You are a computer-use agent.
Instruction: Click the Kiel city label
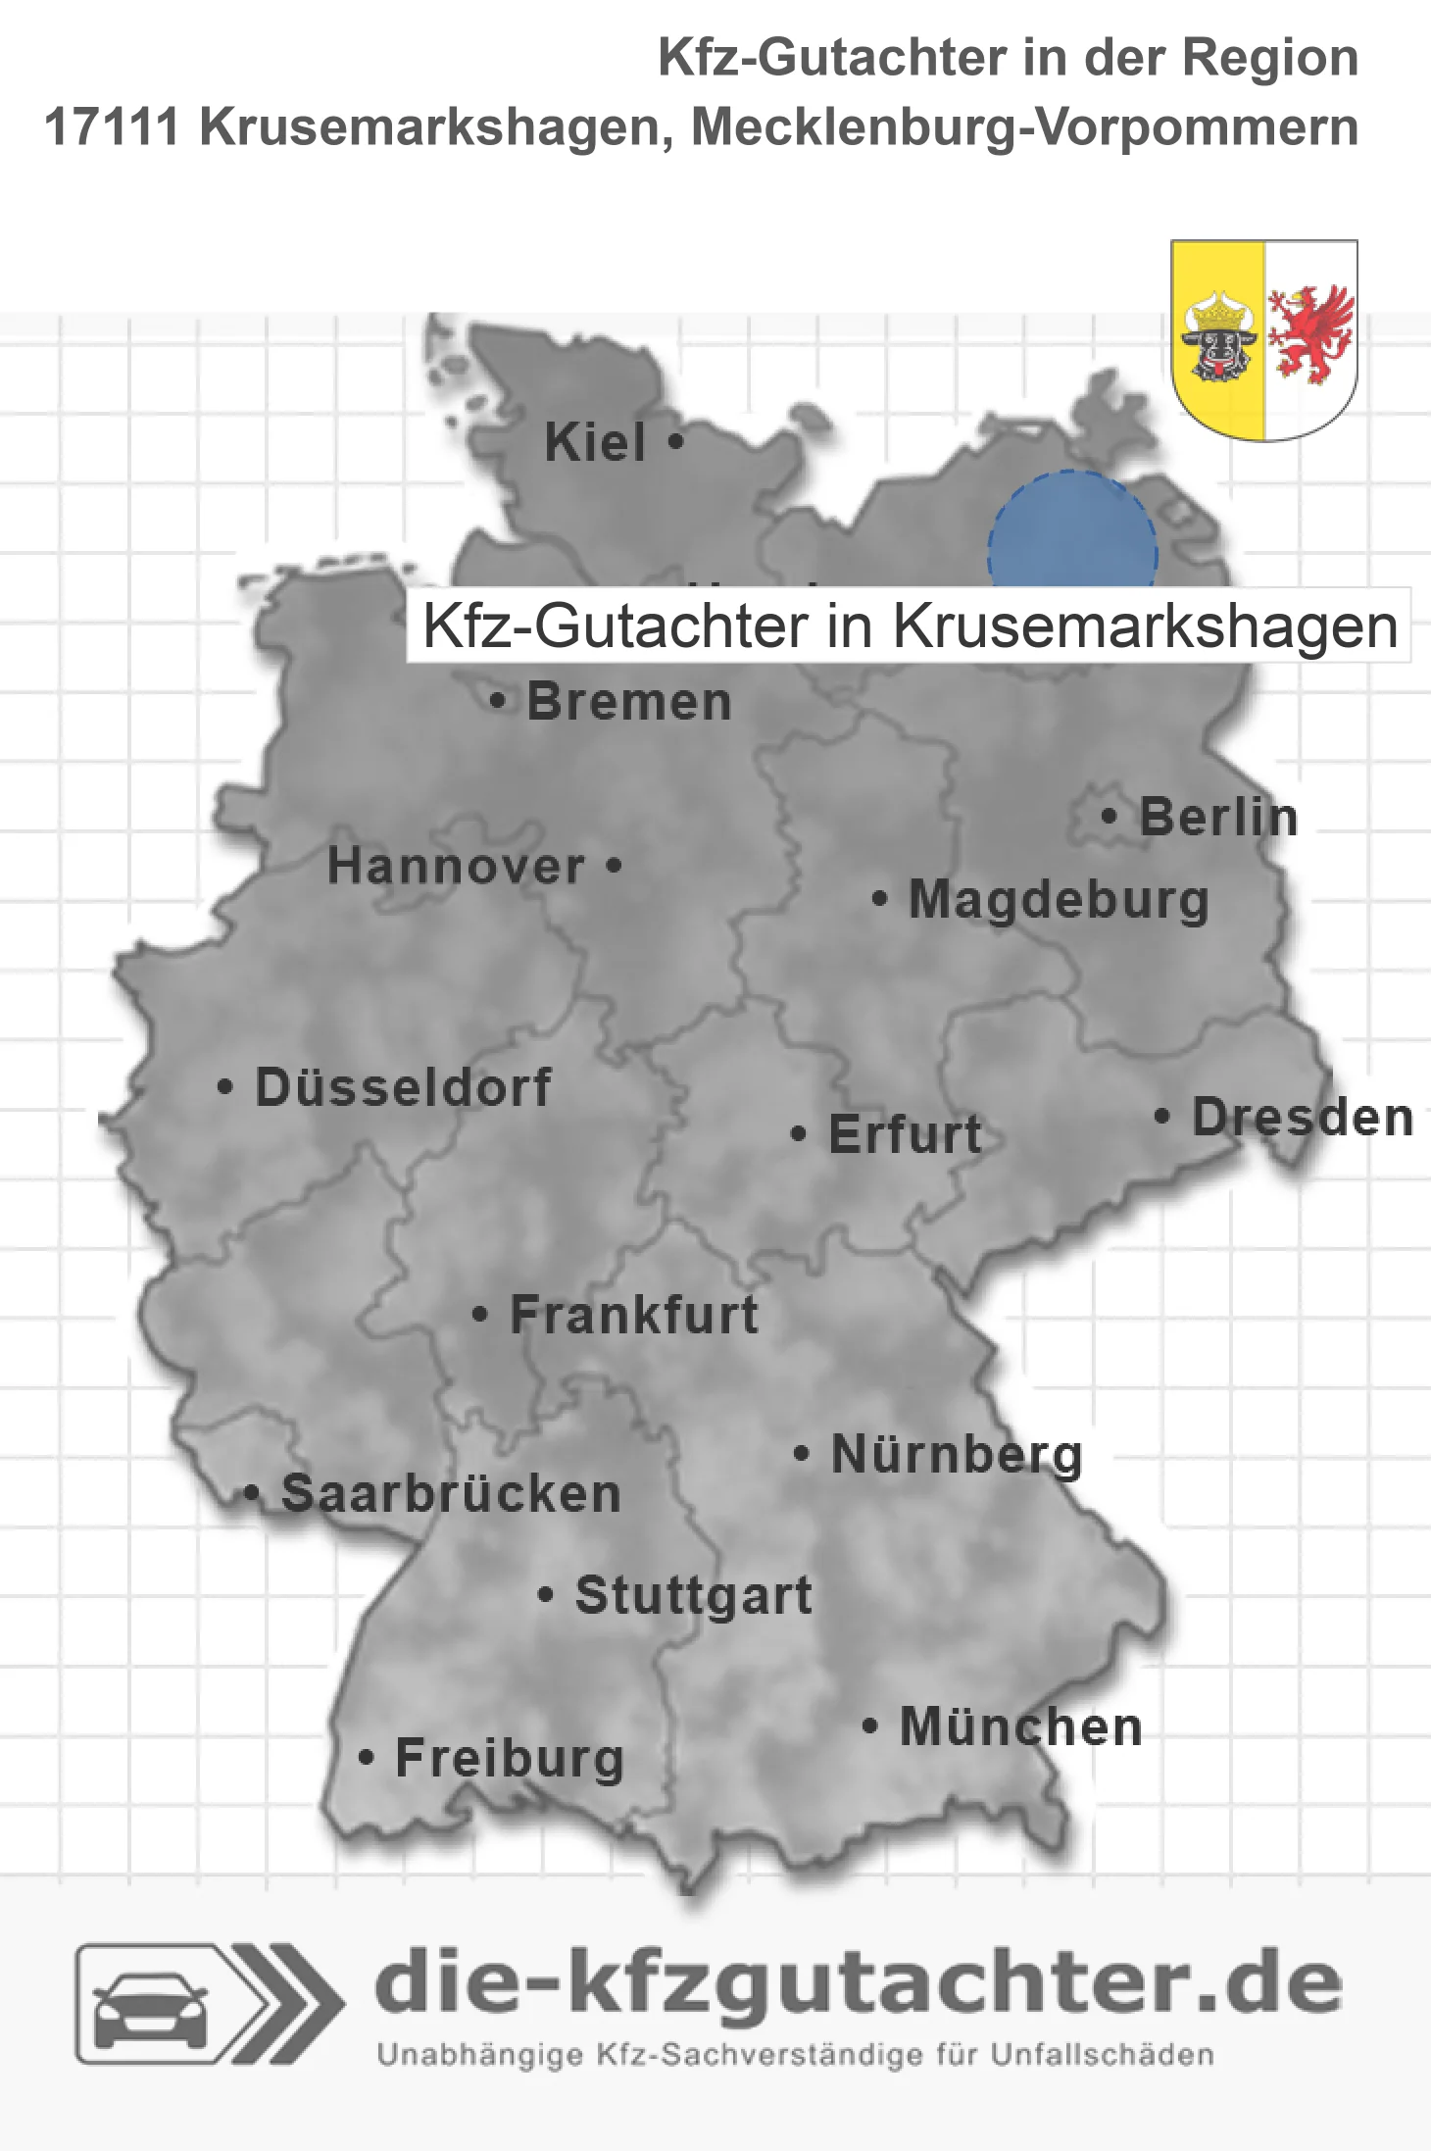tap(594, 442)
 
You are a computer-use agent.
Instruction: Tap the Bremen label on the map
tap(628, 702)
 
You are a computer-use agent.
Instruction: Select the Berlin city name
tap(1218, 817)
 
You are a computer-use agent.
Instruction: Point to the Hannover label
tap(456, 867)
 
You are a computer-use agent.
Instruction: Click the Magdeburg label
tap(1059, 900)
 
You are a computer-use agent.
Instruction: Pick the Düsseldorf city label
tap(403, 1087)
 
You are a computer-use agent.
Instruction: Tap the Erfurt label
tap(905, 1134)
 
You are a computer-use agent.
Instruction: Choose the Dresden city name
tap(1303, 1117)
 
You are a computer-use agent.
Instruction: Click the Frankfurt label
tap(634, 1315)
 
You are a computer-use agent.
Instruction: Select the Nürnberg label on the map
tap(957, 1454)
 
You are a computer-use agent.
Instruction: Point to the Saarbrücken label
tap(451, 1494)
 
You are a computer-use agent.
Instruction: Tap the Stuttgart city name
tap(693, 1595)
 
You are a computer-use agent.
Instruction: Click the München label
tap(1020, 1726)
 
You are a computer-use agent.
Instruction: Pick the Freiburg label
tap(510, 1758)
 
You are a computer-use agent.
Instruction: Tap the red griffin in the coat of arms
tap(1309, 334)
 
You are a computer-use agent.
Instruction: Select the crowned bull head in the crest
tap(1218, 337)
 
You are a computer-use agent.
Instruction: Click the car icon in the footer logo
tap(150, 2012)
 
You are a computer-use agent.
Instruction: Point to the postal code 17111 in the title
tap(112, 127)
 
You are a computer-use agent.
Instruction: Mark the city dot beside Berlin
tap(1109, 816)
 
